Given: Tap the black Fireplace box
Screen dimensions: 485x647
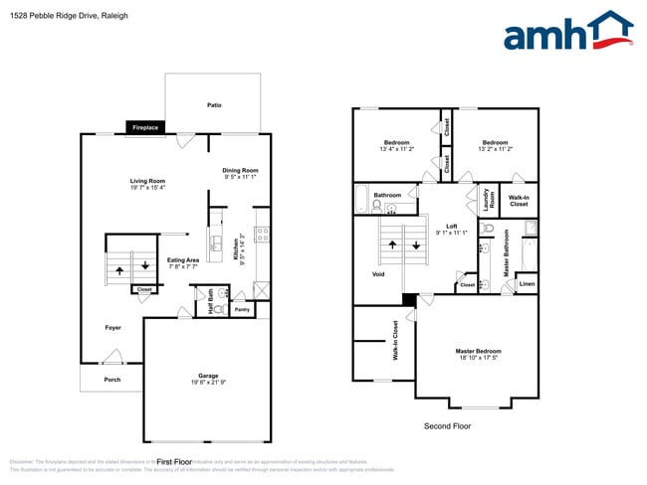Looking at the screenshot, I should [147, 127].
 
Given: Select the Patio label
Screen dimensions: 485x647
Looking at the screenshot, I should [214, 104].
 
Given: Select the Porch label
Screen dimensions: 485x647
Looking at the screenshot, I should [113, 380].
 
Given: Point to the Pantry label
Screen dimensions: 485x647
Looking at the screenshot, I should [242, 310].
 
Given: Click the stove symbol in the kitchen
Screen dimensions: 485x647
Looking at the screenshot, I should [261, 236].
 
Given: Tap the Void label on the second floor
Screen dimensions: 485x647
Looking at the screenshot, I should [378, 274].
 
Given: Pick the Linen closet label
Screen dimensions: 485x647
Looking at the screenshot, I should [527, 285].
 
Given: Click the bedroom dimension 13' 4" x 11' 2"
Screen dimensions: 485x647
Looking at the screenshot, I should [396, 148].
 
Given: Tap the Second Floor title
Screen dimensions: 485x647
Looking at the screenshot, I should [448, 426].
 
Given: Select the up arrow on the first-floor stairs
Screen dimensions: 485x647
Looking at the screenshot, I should [120, 268].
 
